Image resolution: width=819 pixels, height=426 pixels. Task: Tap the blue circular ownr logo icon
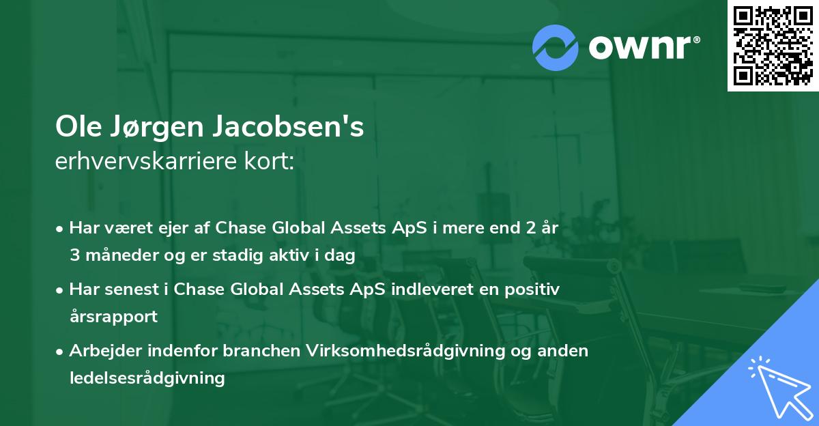pyautogui.click(x=556, y=47)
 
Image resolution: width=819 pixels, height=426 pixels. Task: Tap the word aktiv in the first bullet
pyautogui.click(x=289, y=255)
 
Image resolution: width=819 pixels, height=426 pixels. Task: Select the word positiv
pyautogui.click(x=532, y=289)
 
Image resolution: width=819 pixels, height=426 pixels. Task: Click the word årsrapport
pyautogui.click(x=113, y=316)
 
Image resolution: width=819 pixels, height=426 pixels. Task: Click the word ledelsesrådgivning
pyautogui.click(x=147, y=377)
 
